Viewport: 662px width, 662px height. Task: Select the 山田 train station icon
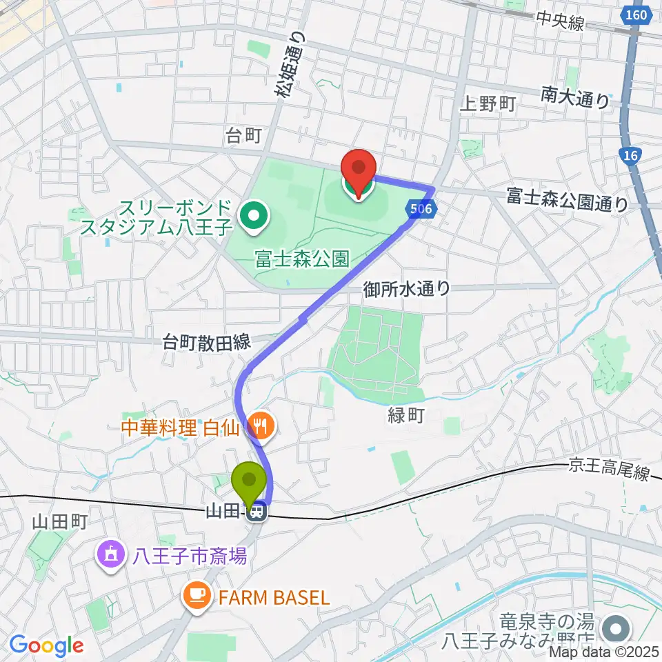(257, 512)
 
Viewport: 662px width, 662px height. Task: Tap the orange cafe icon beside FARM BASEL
(197, 596)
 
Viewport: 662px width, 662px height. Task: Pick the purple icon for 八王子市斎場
(110, 554)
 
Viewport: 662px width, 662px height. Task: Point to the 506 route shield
(426, 208)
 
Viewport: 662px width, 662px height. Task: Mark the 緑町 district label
(405, 416)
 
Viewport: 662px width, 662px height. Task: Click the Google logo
(46, 646)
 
